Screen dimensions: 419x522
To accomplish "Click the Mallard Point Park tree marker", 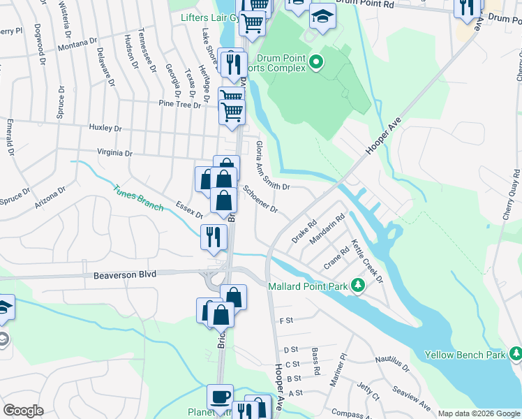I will click(x=357, y=285).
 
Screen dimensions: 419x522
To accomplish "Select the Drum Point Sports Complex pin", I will click(x=315, y=63).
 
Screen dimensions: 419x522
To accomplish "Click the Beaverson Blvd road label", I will click(x=124, y=276).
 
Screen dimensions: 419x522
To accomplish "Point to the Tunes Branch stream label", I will click(x=139, y=197).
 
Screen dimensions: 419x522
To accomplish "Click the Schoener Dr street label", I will click(x=260, y=200).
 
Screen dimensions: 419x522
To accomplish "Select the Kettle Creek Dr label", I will click(x=367, y=260).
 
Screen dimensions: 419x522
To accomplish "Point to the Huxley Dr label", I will click(x=105, y=128).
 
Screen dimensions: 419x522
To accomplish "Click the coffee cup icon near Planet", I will click(x=221, y=396).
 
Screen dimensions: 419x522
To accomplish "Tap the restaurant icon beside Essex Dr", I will click(x=214, y=237).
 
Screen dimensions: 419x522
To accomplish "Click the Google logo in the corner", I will click(x=23, y=411).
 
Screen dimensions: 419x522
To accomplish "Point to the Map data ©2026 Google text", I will click(x=479, y=413).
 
